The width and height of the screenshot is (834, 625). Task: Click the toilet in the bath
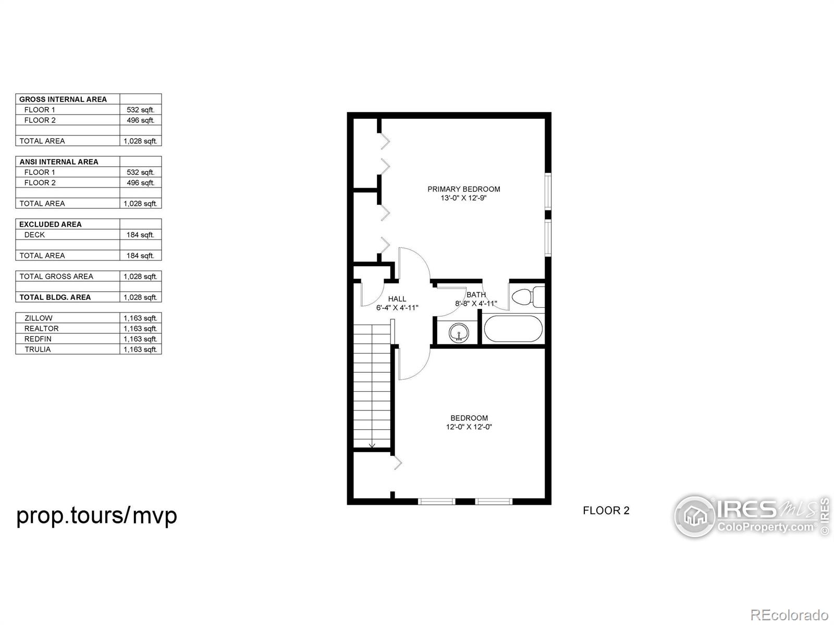point(528,297)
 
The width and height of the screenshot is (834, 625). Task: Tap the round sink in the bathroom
point(459,333)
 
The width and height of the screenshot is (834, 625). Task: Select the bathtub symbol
point(512,329)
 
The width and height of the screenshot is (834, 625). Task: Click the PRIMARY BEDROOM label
point(463,189)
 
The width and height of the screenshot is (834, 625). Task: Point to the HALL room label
point(397,299)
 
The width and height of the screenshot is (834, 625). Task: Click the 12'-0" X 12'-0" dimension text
point(469,427)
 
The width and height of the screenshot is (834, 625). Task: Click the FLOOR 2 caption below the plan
point(606,511)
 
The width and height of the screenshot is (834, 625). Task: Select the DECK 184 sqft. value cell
point(140,235)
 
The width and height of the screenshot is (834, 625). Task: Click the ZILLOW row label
point(39,318)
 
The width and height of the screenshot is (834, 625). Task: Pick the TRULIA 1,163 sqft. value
point(140,349)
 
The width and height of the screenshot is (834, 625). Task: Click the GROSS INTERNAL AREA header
point(63,99)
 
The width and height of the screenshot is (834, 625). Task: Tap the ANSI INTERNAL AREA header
point(59,162)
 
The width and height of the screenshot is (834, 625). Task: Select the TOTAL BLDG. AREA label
point(55,297)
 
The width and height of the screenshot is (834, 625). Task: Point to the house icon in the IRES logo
point(695,516)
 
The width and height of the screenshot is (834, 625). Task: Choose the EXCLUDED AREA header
point(50,224)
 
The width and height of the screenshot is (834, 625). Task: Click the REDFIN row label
point(38,339)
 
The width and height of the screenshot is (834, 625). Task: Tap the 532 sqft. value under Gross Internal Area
point(141,110)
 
